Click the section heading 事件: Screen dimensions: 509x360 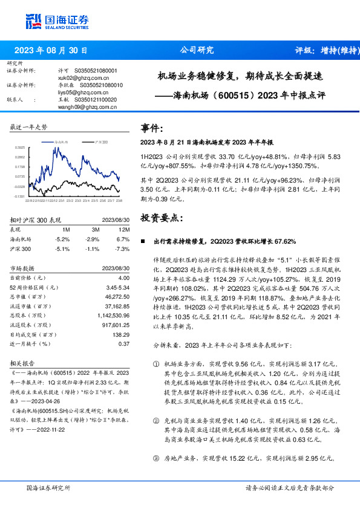tap(152, 128)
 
